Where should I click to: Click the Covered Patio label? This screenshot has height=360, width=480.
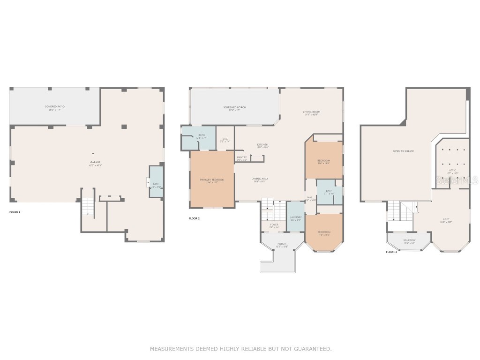54,107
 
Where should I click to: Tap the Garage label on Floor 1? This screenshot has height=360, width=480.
95,162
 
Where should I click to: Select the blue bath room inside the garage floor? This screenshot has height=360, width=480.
156,182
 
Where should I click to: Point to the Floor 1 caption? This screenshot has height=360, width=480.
15,212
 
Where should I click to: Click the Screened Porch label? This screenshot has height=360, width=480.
234,108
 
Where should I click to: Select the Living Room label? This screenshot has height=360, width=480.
311,112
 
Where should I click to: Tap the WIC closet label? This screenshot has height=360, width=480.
225,139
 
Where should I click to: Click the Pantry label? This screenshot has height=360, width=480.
242,157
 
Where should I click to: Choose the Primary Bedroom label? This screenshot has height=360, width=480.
212,180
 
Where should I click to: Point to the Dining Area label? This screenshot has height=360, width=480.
260,179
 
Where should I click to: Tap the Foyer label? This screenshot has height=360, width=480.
274,225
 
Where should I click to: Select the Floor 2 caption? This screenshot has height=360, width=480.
194,218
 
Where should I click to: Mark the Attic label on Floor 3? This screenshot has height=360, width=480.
452,170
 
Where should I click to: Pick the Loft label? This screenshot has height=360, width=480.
446,219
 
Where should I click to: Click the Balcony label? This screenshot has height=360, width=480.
409,240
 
